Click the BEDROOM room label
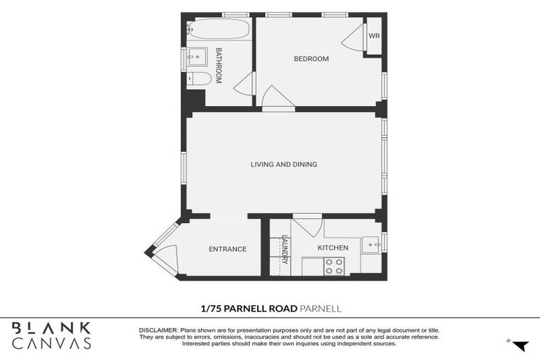coord(311,59)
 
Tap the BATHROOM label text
coord(219,65)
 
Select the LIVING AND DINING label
coord(283,165)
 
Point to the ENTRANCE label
coord(227,249)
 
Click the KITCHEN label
coord(333,248)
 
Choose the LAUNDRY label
coord(285,250)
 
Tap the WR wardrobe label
coord(374,35)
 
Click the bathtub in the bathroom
coord(219,30)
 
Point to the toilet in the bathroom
coord(198,79)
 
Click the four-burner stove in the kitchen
coord(334,266)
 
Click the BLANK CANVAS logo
coord(51,335)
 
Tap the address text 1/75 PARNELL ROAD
coord(248,309)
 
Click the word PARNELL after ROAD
coord(321,309)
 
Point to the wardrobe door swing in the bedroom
coord(354,39)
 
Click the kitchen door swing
coord(309,226)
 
